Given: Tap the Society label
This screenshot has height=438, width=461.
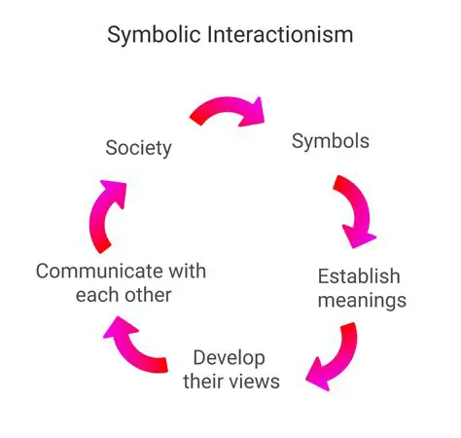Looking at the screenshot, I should (x=138, y=148).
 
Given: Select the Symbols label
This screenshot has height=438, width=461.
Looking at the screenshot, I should (x=331, y=140).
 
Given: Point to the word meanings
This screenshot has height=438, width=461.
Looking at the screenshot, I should (x=362, y=300).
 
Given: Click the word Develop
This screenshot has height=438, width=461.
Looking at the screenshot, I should (x=230, y=356).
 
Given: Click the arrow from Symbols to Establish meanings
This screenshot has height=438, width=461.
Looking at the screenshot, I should (x=354, y=208).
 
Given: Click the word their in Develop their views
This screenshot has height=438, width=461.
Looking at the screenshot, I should (x=204, y=381).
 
